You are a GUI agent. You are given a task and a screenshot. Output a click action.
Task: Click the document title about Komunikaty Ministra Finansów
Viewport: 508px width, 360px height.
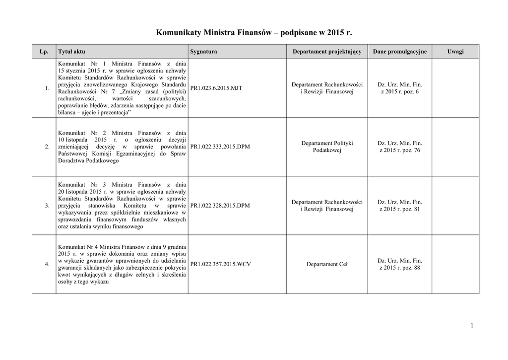point(254,33)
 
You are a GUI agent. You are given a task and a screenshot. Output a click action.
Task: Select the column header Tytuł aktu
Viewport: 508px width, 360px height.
point(68,52)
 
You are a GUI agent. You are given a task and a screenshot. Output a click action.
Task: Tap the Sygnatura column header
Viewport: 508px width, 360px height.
point(203,52)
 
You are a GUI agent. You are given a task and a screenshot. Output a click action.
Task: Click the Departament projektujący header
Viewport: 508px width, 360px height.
point(327,52)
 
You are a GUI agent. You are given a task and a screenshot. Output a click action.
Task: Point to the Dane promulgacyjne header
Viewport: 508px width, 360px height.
point(399,52)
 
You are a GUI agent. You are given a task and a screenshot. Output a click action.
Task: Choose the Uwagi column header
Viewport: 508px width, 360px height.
point(455,52)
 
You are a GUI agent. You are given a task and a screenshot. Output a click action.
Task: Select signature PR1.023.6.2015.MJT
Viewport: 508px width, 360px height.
point(216,88)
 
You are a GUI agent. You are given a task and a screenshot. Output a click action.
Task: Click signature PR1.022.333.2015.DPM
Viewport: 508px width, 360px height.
point(220,147)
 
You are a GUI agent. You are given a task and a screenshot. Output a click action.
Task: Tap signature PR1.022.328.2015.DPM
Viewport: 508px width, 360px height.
point(220,206)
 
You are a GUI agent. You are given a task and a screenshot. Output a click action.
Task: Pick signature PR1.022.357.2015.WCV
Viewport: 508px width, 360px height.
point(220,264)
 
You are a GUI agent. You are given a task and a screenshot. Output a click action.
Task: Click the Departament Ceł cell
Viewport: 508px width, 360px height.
point(327,264)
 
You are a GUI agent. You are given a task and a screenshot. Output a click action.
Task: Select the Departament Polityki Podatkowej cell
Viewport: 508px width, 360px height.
point(327,146)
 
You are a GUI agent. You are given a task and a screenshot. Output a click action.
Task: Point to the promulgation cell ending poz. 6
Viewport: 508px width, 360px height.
point(399,88)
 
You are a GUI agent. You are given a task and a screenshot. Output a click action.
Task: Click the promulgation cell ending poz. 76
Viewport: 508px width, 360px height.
point(399,146)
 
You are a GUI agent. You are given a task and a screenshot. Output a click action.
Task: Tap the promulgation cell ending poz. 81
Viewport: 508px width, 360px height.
point(399,206)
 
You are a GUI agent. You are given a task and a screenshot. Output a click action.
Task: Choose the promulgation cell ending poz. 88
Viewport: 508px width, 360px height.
point(399,264)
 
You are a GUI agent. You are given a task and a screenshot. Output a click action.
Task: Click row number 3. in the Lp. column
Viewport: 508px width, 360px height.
point(47,206)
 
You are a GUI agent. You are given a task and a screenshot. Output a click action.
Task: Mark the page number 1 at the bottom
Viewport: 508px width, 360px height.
point(472,326)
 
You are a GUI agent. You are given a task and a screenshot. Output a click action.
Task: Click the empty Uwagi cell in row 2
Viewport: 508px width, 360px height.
point(455,147)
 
